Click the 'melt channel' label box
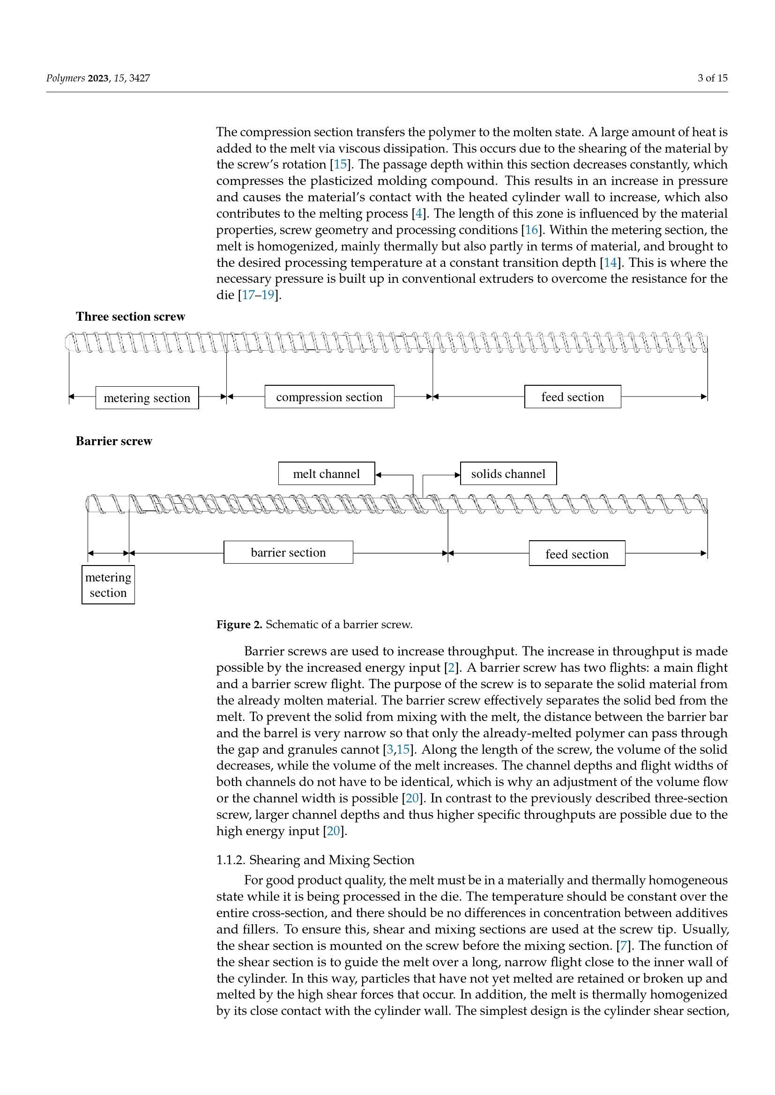point(327,474)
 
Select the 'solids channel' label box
point(508,474)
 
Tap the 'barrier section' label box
point(288,552)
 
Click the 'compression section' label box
point(329,397)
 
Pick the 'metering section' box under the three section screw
point(147,398)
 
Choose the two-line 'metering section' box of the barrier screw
point(108,585)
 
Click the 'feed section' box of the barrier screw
point(577,554)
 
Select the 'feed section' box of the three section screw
point(573,397)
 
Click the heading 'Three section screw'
point(130,316)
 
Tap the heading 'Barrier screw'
point(114,441)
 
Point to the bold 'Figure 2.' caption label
point(239,625)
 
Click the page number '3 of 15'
point(713,78)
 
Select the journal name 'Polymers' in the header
point(66,78)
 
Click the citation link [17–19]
point(258,295)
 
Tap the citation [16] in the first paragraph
point(531,230)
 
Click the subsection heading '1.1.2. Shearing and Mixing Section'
point(315,860)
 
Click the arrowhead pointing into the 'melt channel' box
point(379,475)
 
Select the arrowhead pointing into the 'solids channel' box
point(457,475)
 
